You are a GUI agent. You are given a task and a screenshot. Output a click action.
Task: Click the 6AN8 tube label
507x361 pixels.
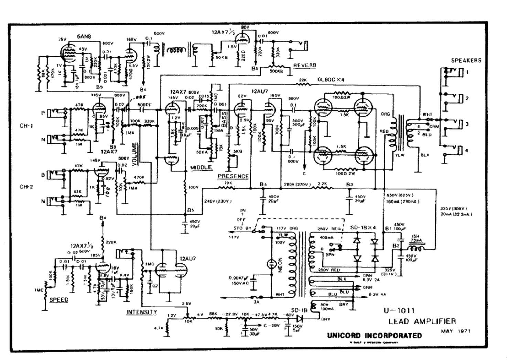(x=84, y=36)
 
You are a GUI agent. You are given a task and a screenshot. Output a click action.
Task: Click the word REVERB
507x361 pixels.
(x=305, y=65)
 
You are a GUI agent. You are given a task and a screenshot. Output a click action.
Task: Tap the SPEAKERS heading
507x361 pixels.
(x=466, y=61)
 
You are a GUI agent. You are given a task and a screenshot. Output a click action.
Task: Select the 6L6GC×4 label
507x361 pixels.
(x=331, y=80)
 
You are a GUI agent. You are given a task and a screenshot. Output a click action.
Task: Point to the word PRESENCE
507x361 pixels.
(x=233, y=176)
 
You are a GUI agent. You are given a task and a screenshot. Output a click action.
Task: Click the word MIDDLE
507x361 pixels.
(x=201, y=167)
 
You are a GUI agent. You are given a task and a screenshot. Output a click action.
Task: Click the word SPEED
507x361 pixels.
(x=59, y=299)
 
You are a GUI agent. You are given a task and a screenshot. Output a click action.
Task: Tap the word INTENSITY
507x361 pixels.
(x=142, y=312)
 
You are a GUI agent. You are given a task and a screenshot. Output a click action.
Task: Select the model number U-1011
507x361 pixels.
(x=399, y=310)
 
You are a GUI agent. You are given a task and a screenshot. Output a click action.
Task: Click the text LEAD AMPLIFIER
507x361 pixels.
(x=422, y=321)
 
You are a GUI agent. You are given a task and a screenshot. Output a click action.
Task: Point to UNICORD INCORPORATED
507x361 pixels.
(x=374, y=336)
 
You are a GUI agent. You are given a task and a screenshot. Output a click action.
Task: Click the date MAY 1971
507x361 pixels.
(x=455, y=331)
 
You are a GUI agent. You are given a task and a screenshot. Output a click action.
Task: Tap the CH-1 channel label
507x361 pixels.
(x=26, y=126)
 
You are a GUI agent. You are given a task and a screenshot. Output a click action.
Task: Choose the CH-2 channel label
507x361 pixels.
(x=26, y=187)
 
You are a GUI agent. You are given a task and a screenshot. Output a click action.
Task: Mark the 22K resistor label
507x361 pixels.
(x=303, y=80)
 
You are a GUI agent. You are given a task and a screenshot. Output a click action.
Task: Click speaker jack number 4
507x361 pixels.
(x=467, y=150)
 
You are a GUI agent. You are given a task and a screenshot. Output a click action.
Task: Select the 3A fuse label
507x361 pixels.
(x=256, y=302)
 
